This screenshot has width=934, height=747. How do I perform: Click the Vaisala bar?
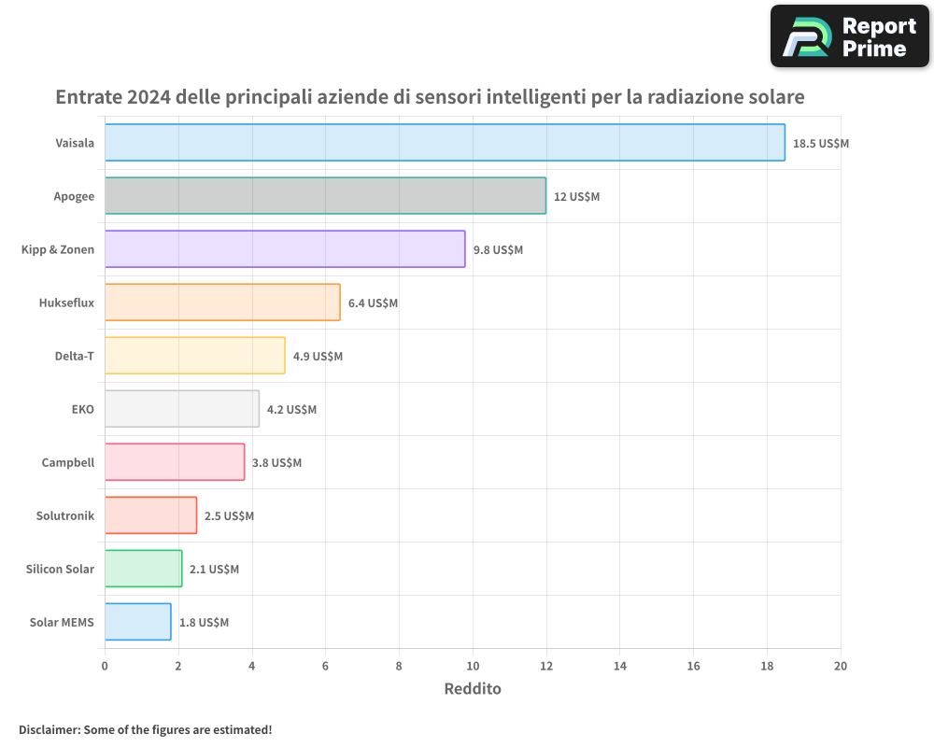(445, 143)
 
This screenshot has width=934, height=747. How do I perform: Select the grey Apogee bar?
(325, 196)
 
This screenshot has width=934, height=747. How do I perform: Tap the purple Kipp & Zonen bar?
(285, 249)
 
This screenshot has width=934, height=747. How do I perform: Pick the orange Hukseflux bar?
(222, 303)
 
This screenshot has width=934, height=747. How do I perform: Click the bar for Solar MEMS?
(137, 622)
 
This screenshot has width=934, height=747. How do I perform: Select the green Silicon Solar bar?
(143, 569)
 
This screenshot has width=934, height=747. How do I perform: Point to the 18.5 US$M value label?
(820, 144)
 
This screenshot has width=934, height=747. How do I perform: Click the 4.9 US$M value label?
(318, 357)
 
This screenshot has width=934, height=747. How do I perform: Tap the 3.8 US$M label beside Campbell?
(276, 463)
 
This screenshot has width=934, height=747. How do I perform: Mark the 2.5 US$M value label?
(229, 516)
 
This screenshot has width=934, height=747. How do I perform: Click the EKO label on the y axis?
(83, 409)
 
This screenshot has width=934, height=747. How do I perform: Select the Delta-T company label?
(75, 356)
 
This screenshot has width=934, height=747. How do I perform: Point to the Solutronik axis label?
(65, 515)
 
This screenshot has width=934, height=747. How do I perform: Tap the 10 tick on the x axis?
(473, 666)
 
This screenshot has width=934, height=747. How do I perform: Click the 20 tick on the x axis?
(841, 666)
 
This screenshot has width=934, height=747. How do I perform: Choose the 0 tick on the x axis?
(105, 666)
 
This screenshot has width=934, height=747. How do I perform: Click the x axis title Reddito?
(473, 689)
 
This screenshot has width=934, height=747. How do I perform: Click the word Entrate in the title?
(88, 97)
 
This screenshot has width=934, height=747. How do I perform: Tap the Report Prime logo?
(850, 36)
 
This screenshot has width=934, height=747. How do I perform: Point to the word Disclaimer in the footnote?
(49, 729)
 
